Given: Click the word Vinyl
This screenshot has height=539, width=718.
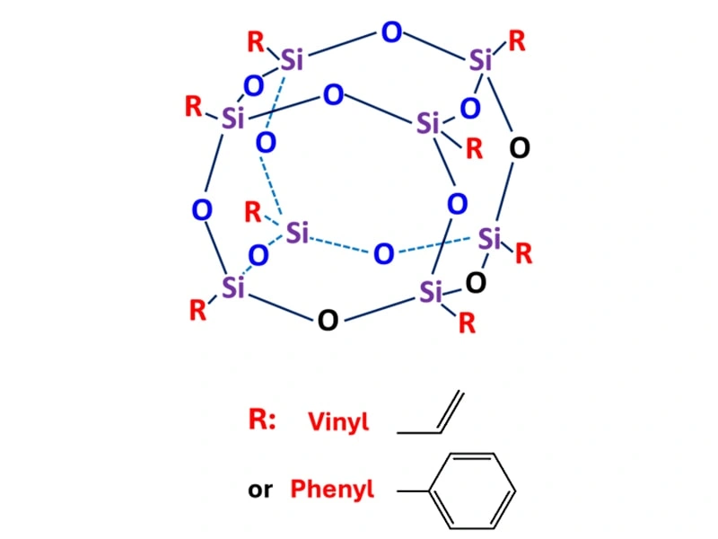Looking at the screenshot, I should (338, 422).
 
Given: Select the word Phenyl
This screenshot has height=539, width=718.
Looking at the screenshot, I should (332, 490).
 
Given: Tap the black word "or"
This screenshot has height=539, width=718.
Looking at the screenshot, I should (260, 490).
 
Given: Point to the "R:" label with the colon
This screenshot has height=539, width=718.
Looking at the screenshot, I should (262, 420).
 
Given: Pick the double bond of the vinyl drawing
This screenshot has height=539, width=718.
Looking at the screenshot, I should (451, 410).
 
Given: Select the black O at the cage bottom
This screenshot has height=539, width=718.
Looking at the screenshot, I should (328, 320).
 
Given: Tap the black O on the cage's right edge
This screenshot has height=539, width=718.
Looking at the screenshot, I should (519, 148).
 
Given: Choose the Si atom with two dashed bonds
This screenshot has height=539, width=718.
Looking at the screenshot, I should (297, 234).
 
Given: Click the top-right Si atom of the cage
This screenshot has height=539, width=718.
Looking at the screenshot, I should (481, 61).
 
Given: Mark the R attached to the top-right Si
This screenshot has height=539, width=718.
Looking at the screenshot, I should (517, 40).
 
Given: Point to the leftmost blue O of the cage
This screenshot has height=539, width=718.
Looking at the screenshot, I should (202, 210).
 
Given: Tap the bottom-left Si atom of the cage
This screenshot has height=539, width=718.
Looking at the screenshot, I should (233, 287).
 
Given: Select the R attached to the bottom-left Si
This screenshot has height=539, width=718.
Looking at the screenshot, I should (198, 311).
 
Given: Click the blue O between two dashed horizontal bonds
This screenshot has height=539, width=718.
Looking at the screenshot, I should (383, 254).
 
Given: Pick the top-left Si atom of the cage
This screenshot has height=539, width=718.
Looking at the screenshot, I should (293, 60).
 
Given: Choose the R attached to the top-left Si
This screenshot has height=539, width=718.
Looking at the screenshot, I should (256, 40).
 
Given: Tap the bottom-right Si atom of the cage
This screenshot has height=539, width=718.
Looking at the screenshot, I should (433, 291).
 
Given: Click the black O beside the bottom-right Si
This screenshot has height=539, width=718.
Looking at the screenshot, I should (476, 283).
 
